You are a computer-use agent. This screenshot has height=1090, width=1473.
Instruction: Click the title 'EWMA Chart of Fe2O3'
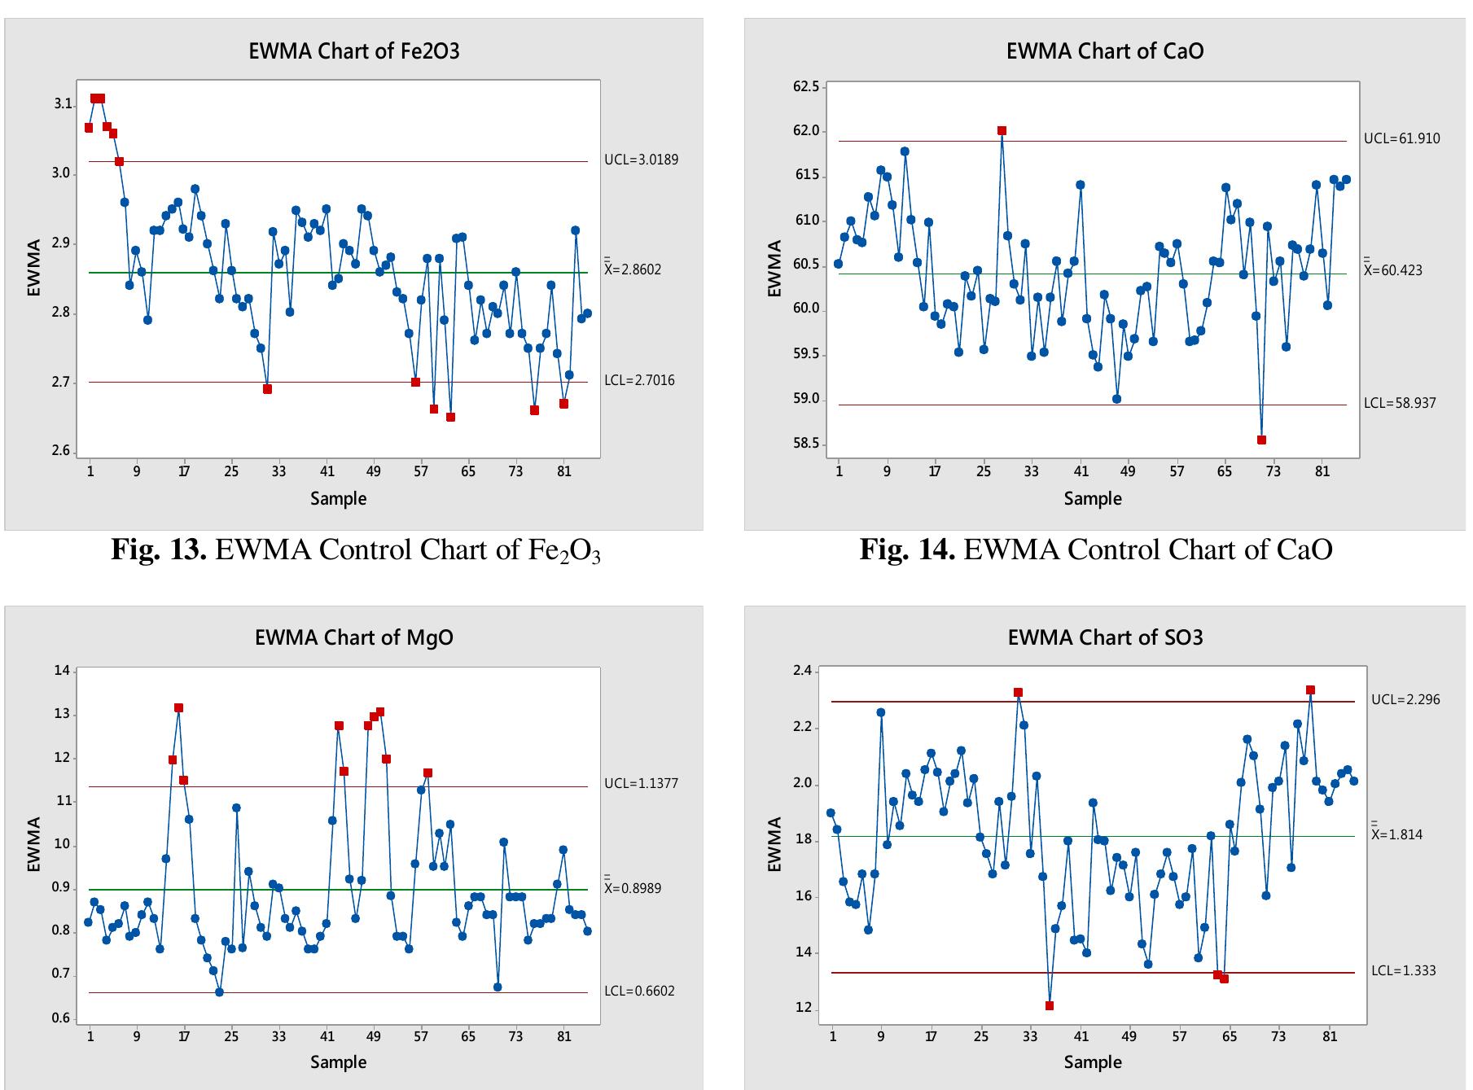tap(353, 51)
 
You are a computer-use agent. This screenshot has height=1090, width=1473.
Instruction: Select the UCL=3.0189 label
tap(641, 160)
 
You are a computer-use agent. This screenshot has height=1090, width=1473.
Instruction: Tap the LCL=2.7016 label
tap(639, 380)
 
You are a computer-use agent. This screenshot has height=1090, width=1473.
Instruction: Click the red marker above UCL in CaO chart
tap(1002, 131)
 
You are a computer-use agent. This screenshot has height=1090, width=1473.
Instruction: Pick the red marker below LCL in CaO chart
tap(1261, 440)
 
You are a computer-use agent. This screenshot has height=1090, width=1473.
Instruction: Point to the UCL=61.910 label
tap(1401, 138)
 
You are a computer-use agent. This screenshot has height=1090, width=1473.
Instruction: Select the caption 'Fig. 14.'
tap(907, 550)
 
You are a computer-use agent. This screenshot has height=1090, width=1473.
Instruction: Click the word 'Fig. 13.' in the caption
tap(160, 550)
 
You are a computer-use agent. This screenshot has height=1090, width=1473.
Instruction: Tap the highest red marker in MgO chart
tap(178, 708)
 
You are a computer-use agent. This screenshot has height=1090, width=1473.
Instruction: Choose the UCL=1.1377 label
tap(641, 784)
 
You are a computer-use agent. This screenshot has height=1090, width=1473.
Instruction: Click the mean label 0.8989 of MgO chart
tap(633, 888)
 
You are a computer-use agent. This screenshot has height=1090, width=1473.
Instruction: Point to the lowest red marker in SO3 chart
tap(1050, 1005)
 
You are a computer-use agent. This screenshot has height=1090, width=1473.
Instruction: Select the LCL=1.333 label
tap(1404, 970)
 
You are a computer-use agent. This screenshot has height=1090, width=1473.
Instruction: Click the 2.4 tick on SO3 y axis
tap(801, 671)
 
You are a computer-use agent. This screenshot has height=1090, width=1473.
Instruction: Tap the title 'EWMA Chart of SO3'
tap(1105, 637)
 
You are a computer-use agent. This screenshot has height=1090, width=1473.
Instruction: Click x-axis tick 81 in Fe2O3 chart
tap(563, 471)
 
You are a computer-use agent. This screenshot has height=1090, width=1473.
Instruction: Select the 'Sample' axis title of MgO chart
tap(338, 1062)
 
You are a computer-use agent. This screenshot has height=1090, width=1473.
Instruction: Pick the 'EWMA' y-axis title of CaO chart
tap(774, 269)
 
